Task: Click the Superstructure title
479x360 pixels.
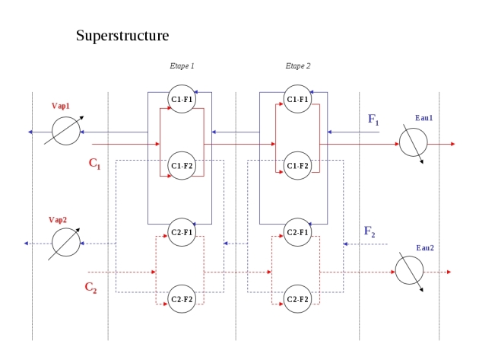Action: tap(122, 36)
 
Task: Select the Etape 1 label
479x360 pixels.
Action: tap(182, 65)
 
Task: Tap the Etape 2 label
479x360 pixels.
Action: tap(298, 65)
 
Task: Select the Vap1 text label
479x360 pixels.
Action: tap(61, 106)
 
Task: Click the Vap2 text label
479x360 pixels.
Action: tap(58, 220)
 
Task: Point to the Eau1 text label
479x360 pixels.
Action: tap(424, 118)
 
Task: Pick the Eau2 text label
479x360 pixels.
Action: tap(425, 248)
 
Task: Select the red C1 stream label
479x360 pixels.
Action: tap(94, 163)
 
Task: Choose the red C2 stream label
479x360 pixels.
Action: tap(90, 288)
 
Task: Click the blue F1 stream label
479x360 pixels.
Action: tap(373, 119)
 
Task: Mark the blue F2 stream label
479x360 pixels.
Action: tap(370, 231)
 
